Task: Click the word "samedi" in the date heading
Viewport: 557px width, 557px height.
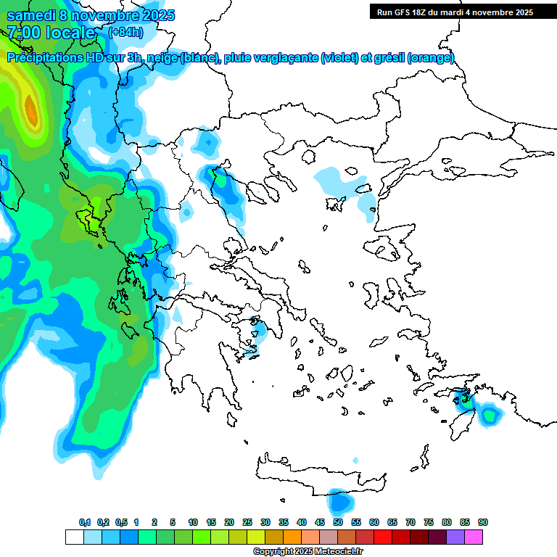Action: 31,15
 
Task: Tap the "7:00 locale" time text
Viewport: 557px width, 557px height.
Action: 51,33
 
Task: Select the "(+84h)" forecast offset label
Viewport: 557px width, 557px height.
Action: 125,33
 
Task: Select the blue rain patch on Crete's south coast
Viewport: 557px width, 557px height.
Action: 338,501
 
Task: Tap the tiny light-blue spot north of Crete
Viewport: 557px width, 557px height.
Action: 355,461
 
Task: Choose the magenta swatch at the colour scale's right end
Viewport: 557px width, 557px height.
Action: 474,537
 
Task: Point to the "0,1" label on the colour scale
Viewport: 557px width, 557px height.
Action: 85,523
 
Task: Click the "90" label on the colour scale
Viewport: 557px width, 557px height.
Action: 483,523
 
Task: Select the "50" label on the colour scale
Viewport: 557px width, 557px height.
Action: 338,523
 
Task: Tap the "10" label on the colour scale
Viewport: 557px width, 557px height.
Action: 193,523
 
